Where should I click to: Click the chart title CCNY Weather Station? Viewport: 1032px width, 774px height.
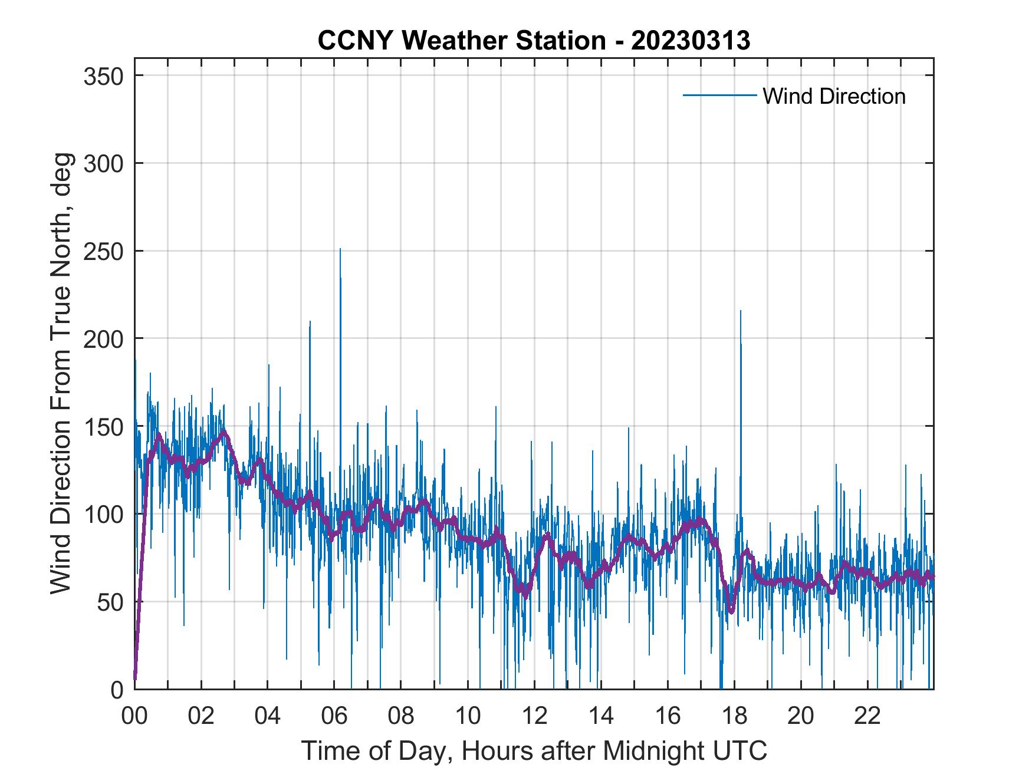pyautogui.click(x=533, y=41)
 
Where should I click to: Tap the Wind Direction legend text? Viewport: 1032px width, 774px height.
pyautogui.click(x=834, y=96)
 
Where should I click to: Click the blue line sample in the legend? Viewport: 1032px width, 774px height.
pyautogui.click(x=719, y=95)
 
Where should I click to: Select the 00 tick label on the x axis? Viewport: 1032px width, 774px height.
pyautogui.click(x=134, y=716)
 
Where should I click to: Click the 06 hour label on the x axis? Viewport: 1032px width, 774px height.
pyautogui.click(x=334, y=716)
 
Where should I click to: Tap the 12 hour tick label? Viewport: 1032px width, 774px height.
pyautogui.click(x=534, y=716)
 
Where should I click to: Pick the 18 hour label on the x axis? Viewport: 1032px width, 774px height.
pyautogui.click(x=735, y=716)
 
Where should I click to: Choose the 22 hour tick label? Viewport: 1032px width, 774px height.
pyautogui.click(x=868, y=716)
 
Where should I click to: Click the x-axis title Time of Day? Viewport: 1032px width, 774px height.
pyautogui.click(x=534, y=750)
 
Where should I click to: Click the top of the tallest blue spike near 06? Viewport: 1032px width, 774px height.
pyautogui.click(x=340, y=249)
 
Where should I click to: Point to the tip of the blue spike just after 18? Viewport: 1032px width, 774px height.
pyautogui.click(x=741, y=311)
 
